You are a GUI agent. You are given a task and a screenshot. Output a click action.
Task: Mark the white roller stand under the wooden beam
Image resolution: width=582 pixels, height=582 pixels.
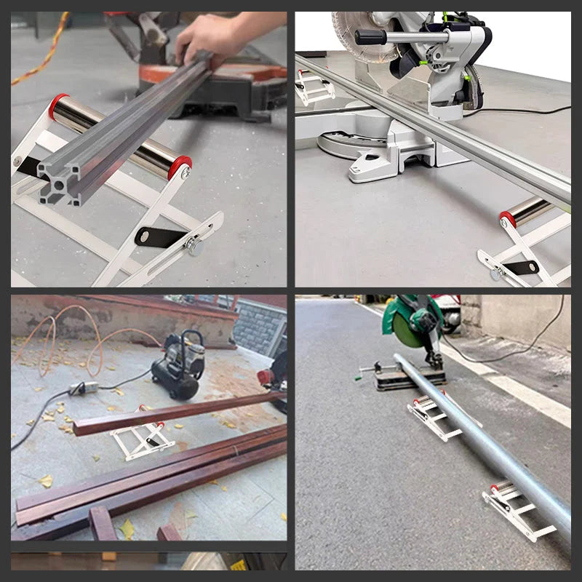pyautogui.click(x=142, y=440)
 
